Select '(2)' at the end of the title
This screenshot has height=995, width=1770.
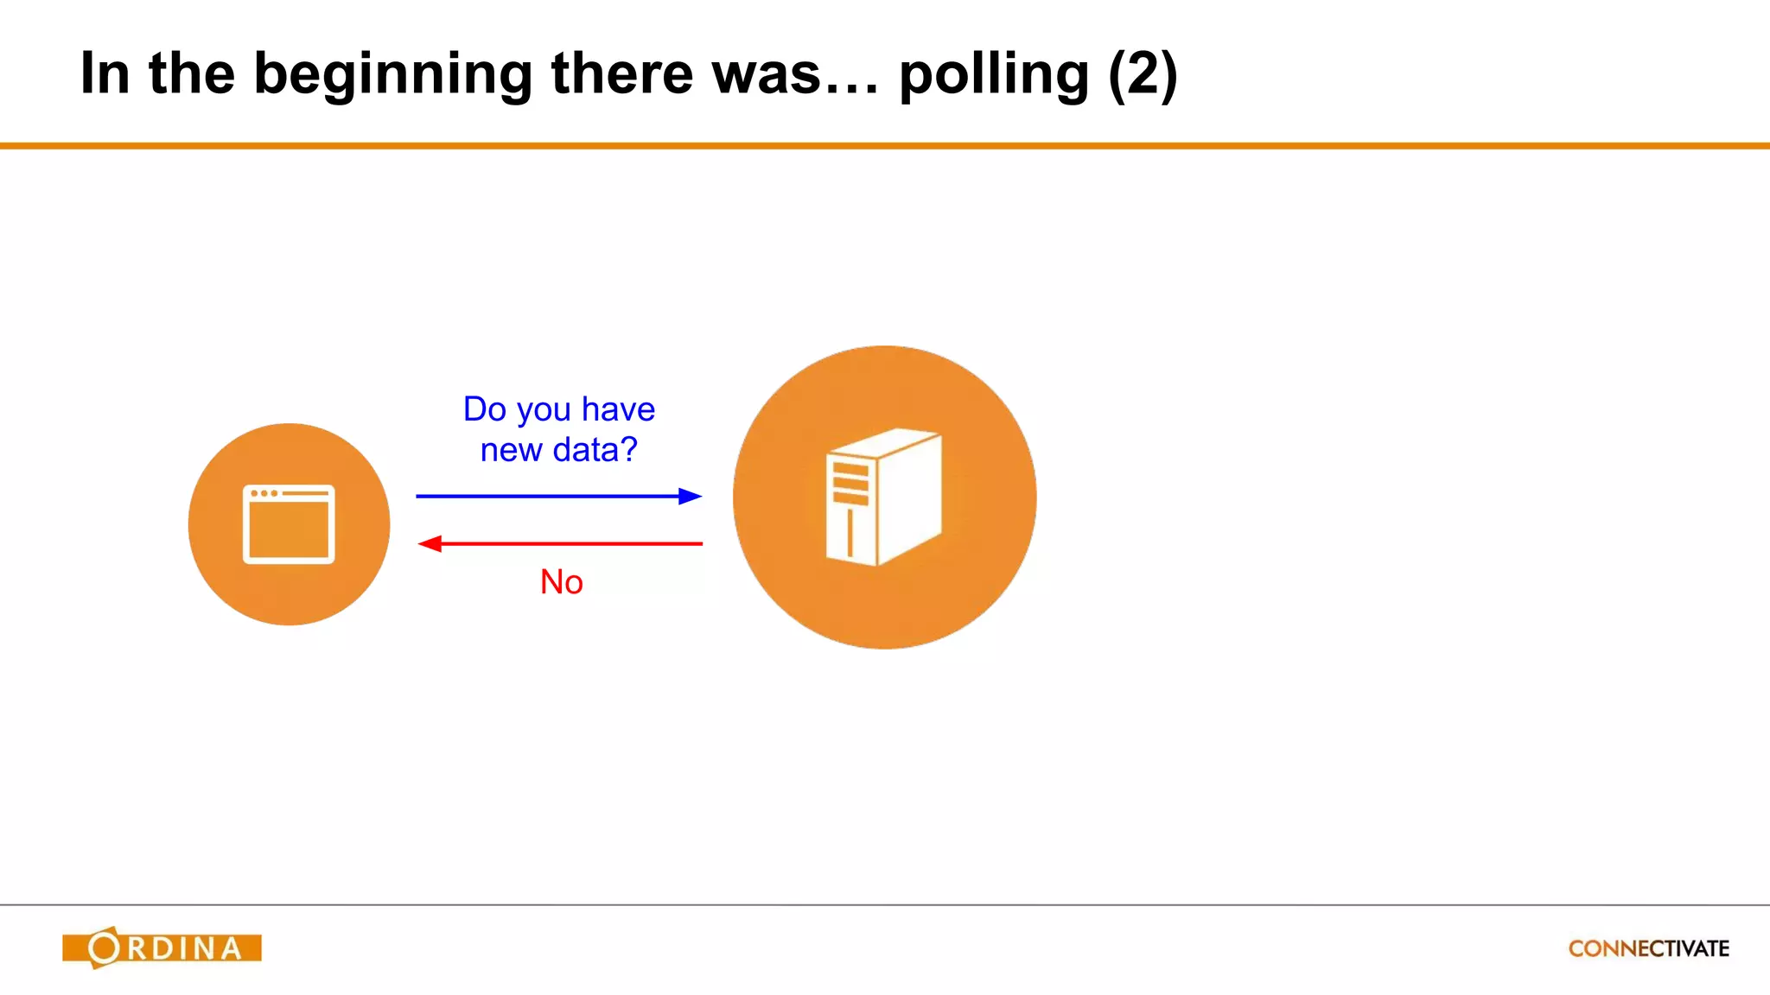click(1143, 74)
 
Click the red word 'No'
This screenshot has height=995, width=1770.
click(561, 582)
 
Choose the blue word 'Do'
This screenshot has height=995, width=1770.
click(484, 409)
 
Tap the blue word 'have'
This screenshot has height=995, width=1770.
click(618, 409)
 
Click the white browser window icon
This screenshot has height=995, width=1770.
click(289, 524)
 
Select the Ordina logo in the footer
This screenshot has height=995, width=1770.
click(162, 947)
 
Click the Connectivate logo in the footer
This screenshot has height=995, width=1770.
click(1648, 948)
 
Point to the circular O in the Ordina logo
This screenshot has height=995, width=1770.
click(105, 947)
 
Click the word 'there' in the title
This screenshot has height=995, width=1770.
click(622, 74)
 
